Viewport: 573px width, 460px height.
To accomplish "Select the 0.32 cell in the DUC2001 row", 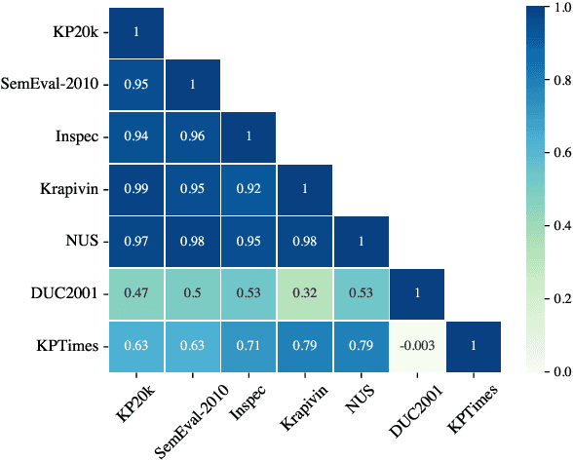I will (x=305, y=293).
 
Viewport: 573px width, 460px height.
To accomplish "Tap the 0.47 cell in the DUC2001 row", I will (x=135, y=293).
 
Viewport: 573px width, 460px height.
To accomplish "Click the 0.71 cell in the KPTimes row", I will (x=248, y=346).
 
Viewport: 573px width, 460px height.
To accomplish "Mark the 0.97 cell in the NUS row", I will (x=135, y=241).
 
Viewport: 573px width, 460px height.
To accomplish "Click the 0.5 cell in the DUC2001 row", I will (x=192, y=293).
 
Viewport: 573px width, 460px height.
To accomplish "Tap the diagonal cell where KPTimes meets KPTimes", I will (x=475, y=346).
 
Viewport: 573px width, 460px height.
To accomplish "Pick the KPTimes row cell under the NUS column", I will (x=362, y=346).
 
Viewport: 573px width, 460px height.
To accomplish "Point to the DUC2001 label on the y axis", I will (x=65, y=293).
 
